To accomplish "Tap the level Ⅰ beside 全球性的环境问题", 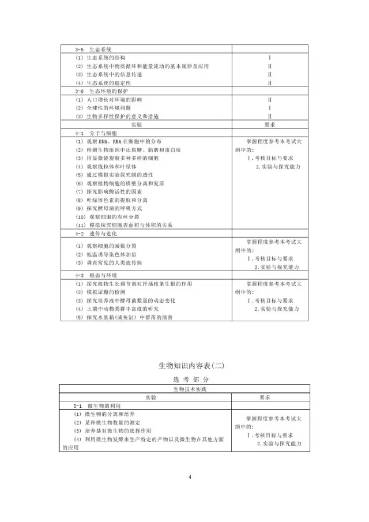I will point(269,108).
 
